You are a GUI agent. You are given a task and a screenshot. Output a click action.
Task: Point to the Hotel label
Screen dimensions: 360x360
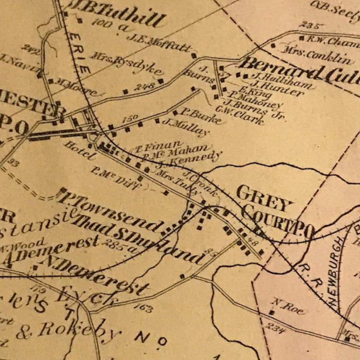(80, 151)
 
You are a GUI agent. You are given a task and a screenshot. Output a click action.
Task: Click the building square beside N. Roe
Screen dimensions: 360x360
(271, 313)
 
